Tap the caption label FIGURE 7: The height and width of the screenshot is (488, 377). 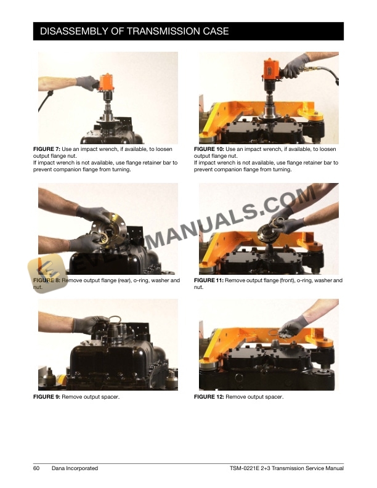coord(47,149)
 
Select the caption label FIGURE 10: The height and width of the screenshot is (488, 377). coord(209,149)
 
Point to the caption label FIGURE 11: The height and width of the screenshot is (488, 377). coord(209,280)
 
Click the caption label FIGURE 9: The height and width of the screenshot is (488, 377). coord(47,397)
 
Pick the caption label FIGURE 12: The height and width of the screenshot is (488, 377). coord(209,397)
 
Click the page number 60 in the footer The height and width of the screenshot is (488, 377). coord(36,468)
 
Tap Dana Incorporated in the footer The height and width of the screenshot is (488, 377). coord(75,468)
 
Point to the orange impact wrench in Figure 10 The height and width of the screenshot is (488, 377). coord(272,70)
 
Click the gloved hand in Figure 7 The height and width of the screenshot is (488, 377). coord(87,83)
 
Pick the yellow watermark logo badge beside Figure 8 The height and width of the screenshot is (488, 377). coord(47,273)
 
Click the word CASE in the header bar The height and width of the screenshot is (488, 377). coord(216,31)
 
